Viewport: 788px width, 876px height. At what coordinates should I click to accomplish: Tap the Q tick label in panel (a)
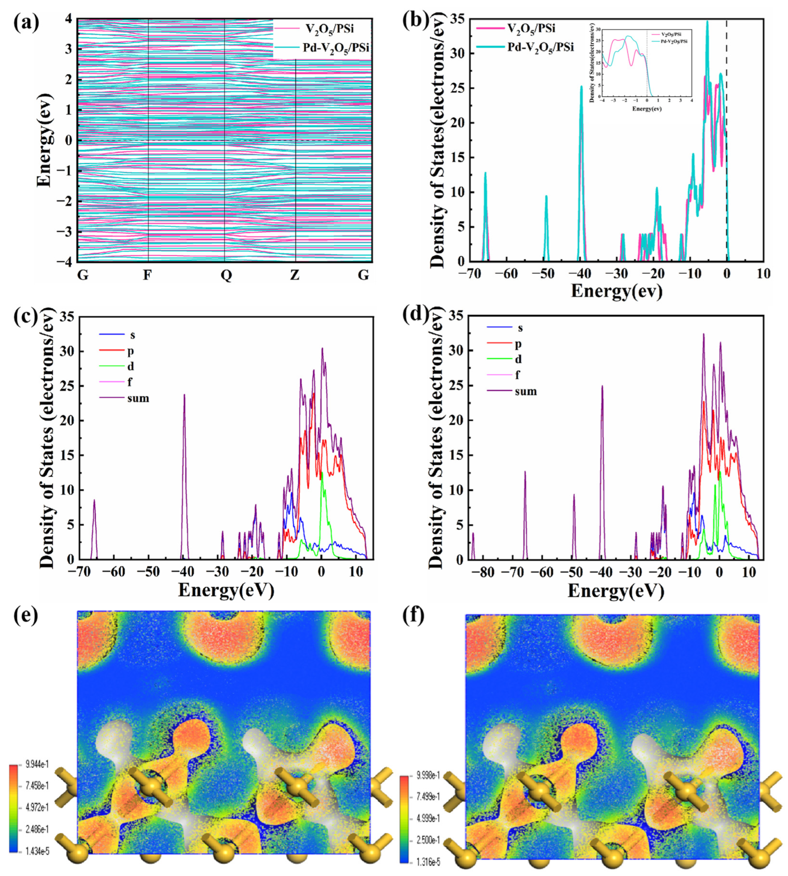click(x=226, y=275)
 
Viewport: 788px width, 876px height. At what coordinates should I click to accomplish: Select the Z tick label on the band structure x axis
click(x=294, y=275)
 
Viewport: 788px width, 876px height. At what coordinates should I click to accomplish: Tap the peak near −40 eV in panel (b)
click(x=581, y=87)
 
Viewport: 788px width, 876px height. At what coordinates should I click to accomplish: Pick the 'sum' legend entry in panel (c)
click(x=138, y=398)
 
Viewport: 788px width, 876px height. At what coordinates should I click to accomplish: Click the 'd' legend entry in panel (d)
click(x=518, y=359)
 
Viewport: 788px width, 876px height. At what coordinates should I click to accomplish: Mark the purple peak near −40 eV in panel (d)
click(x=602, y=387)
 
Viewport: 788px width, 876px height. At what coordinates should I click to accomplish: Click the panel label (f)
click(x=413, y=616)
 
